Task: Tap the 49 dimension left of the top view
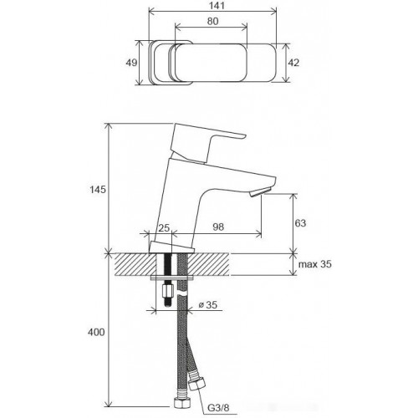click(x=130, y=63)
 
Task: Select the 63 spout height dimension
click(x=303, y=223)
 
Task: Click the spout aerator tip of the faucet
click(x=257, y=193)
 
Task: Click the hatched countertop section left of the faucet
click(x=130, y=264)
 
